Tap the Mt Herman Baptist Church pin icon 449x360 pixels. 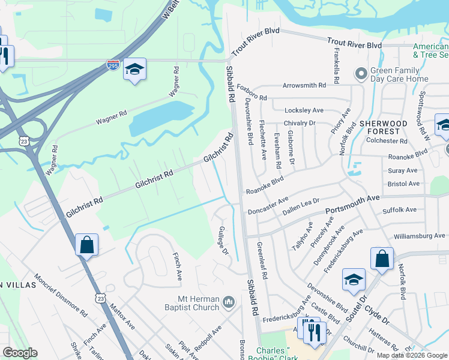click(228, 301)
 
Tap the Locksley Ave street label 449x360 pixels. click(304, 110)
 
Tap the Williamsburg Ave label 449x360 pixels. click(420, 236)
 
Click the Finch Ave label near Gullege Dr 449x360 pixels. click(178, 267)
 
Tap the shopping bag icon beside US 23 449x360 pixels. click(87, 245)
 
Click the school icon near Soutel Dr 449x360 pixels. click(354, 279)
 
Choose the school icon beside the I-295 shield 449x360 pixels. click(135, 70)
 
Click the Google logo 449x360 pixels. click(20, 353)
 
